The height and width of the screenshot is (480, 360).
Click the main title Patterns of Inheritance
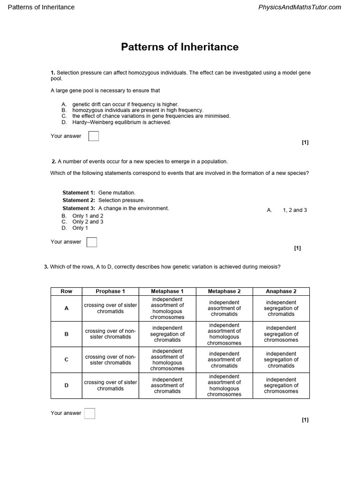[x=180, y=47]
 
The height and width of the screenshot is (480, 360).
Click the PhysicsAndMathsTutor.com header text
[x=300, y=7]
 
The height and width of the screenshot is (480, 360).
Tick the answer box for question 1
[x=94, y=136]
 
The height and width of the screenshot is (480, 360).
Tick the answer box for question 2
[x=92, y=242]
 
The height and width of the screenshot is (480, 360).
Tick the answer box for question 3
[x=90, y=413]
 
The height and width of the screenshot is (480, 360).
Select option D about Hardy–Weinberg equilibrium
[x=121, y=122]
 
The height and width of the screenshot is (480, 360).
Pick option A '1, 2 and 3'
[x=294, y=210]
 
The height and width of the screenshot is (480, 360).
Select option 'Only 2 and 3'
[x=88, y=222]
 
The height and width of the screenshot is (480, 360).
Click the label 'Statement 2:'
[x=79, y=200]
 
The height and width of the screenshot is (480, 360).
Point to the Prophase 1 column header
[x=110, y=291]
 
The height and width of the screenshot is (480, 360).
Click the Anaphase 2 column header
[x=281, y=291]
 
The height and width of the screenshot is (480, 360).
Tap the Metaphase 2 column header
[x=224, y=291]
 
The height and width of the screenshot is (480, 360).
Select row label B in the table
[x=66, y=334]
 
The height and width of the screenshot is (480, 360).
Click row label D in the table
[x=66, y=385]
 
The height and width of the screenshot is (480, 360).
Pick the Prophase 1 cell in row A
[x=110, y=308]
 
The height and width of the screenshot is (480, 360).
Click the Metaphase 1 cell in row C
[x=167, y=360]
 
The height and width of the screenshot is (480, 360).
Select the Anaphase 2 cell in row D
[x=281, y=385]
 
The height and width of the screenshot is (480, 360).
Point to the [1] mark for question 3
[x=305, y=420]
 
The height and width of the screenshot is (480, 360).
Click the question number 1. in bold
[x=53, y=73]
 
